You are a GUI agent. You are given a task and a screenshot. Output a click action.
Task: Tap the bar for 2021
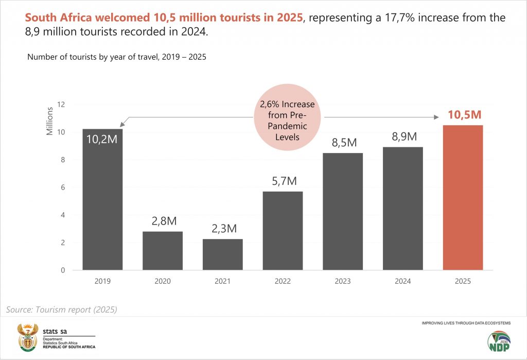(223, 254)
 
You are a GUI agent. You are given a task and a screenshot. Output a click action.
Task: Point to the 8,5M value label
(343, 143)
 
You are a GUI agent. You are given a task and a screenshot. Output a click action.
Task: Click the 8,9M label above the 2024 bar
(403, 136)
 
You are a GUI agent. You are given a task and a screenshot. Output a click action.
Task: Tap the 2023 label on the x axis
(343, 281)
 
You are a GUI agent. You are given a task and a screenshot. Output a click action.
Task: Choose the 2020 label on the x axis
(163, 281)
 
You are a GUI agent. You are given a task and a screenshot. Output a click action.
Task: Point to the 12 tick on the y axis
(61, 105)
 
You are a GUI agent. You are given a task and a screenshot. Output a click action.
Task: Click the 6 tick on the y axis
(63, 187)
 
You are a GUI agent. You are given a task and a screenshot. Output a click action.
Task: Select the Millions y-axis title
(50, 121)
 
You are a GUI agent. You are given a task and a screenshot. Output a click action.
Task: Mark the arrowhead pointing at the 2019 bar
(120, 125)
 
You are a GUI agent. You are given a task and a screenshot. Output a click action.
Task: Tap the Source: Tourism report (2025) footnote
(62, 310)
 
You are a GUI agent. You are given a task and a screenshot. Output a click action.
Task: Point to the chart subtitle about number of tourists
(117, 57)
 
